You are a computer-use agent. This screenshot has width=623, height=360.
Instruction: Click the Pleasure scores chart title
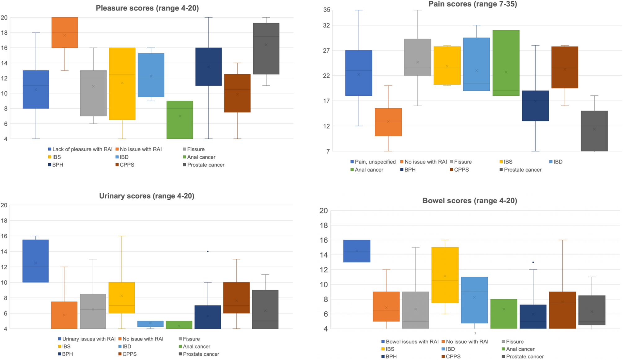[147, 8]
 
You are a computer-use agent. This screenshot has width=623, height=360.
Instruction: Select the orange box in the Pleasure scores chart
[64, 33]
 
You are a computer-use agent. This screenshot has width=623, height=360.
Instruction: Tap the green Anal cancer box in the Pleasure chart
[180, 120]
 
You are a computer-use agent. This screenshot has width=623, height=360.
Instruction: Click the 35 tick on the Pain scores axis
[327, 10]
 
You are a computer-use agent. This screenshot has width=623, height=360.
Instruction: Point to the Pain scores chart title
[473, 4]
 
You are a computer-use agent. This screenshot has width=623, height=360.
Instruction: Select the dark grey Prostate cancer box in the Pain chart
[594, 131]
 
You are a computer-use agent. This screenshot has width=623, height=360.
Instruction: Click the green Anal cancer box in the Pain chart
[506, 63]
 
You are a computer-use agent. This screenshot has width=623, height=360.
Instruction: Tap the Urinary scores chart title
[147, 196]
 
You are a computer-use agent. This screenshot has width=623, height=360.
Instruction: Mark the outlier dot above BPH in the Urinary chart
[208, 251]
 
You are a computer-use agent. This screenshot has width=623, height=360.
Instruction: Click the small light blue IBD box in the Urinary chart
[150, 324]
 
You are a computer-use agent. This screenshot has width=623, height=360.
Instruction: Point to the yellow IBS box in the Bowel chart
[445, 275]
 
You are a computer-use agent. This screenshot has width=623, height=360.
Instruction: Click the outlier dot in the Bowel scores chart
[533, 262]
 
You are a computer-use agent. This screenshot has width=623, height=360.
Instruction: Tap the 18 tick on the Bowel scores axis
[324, 226]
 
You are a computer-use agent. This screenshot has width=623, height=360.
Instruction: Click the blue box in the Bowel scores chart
[357, 251]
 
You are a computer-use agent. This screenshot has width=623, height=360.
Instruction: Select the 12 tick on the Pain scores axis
[327, 126]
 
